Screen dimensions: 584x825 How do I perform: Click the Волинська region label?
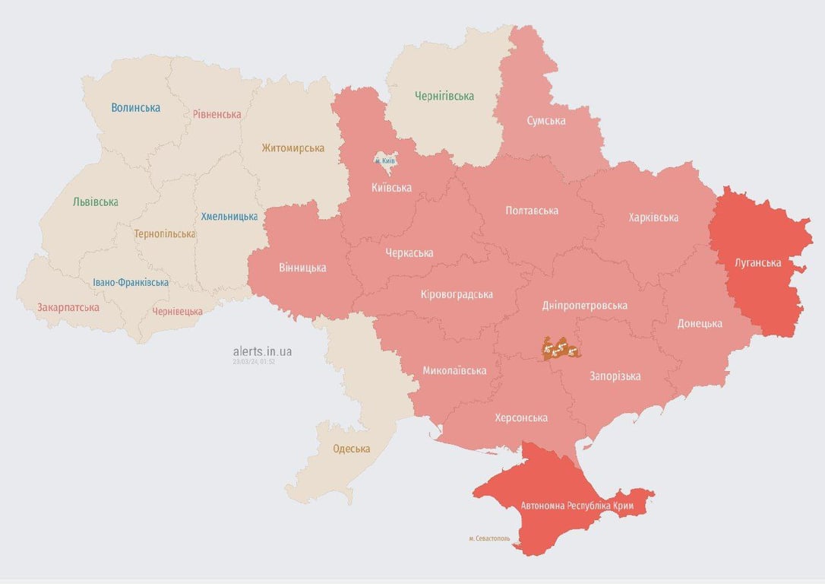point(135,108)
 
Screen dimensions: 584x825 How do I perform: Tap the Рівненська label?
point(217,115)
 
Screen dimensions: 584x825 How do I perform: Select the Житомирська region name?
point(292,148)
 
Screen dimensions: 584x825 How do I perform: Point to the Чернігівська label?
point(444,96)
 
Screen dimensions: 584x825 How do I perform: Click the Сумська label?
point(545,121)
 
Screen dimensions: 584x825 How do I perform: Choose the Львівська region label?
point(95,202)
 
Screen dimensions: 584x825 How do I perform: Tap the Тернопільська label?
point(164,234)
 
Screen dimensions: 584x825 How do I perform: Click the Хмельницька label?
point(229,217)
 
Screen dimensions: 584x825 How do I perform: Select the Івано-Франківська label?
point(131,283)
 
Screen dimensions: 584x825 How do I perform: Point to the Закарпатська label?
point(68,308)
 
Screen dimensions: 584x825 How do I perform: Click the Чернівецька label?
point(177,312)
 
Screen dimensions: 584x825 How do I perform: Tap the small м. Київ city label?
point(385,161)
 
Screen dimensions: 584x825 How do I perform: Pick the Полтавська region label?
point(532,211)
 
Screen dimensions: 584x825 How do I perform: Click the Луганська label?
point(757,263)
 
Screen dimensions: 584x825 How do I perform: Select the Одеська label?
point(351,449)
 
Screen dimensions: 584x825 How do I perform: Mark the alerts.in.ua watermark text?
point(262,351)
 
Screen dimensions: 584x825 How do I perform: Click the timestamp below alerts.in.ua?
point(254,362)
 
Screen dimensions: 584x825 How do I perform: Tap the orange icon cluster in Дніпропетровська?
point(561,349)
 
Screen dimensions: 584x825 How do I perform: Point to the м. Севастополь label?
point(489,538)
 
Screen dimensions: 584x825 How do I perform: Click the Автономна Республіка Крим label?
point(577,506)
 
